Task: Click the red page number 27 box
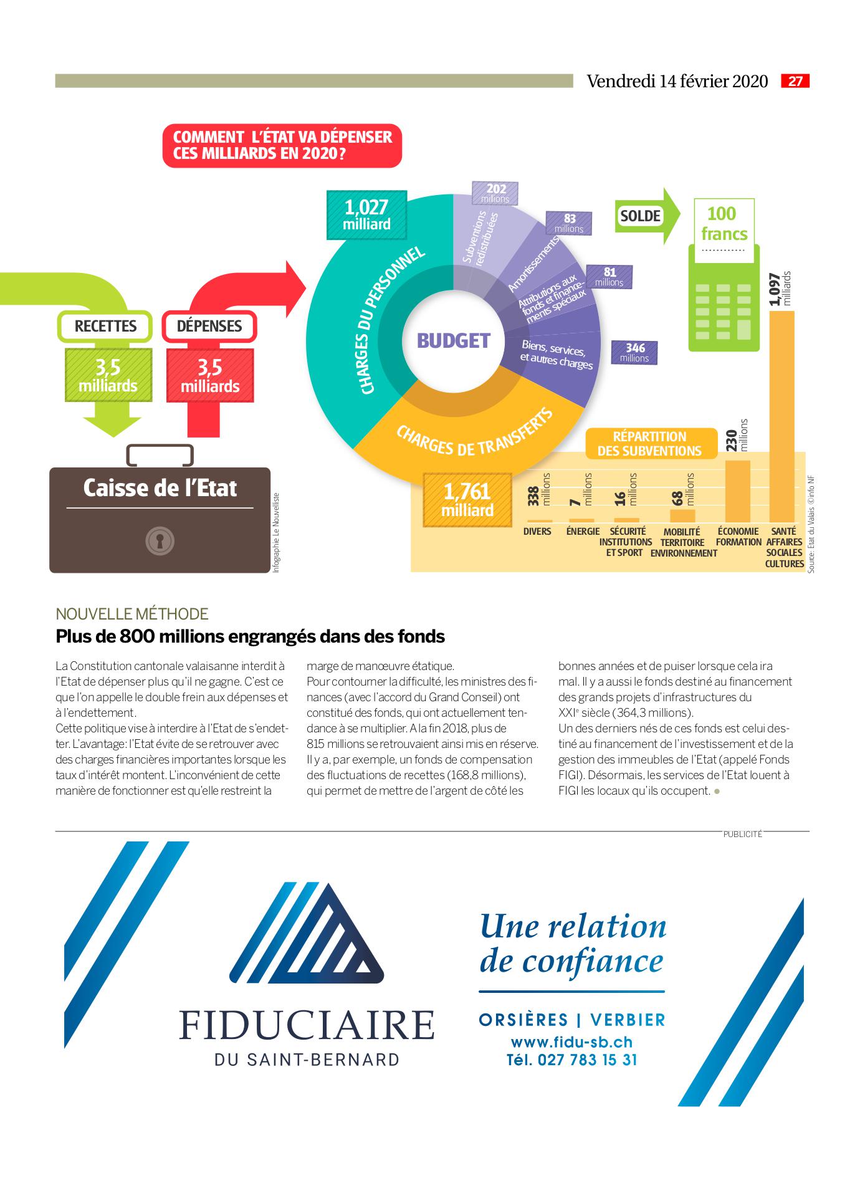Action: click(x=795, y=81)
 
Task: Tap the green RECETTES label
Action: click(x=105, y=326)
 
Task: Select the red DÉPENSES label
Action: click(x=209, y=326)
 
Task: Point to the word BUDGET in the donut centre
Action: click(x=454, y=341)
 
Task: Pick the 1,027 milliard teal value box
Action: click(x=366, y=215)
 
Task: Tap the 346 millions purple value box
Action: click(x=634, y=352)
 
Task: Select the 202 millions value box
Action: click(x=495, y=193)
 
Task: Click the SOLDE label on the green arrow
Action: click(x=640, y=216)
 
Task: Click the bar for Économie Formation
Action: click(x=738, y=491)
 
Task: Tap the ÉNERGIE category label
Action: click(x=583, y=532)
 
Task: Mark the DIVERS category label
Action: click(x=537, y=532)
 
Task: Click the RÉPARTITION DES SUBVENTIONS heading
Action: click(x=649, y=443)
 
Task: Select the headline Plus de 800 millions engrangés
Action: click(x=251, y=636)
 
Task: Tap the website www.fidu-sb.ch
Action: click(x=571, y=1042)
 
